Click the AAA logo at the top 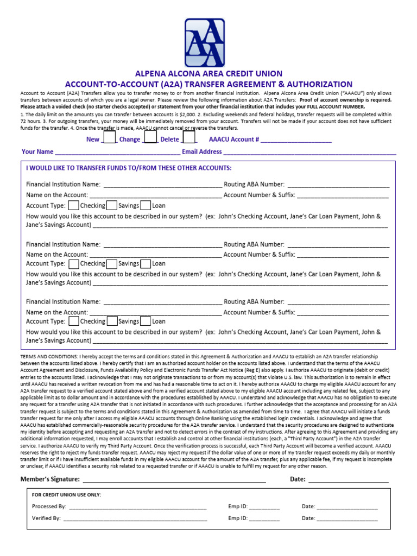click(x=208, y=43)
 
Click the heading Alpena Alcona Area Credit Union click(x=208, y=74)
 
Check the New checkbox click(x=109, y=138)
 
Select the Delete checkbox click(x=188, y=138)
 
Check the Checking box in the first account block click(x=74, y=206)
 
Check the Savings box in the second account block click(x=112, y=264)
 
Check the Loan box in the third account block click(x=146, y=321)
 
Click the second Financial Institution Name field click(x=162, y=245)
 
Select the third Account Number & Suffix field click(x=343, y=313)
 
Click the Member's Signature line click(x=174, y=481)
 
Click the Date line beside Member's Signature click(x=348, y=481)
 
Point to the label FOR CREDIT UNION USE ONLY click(x=66, y=495)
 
